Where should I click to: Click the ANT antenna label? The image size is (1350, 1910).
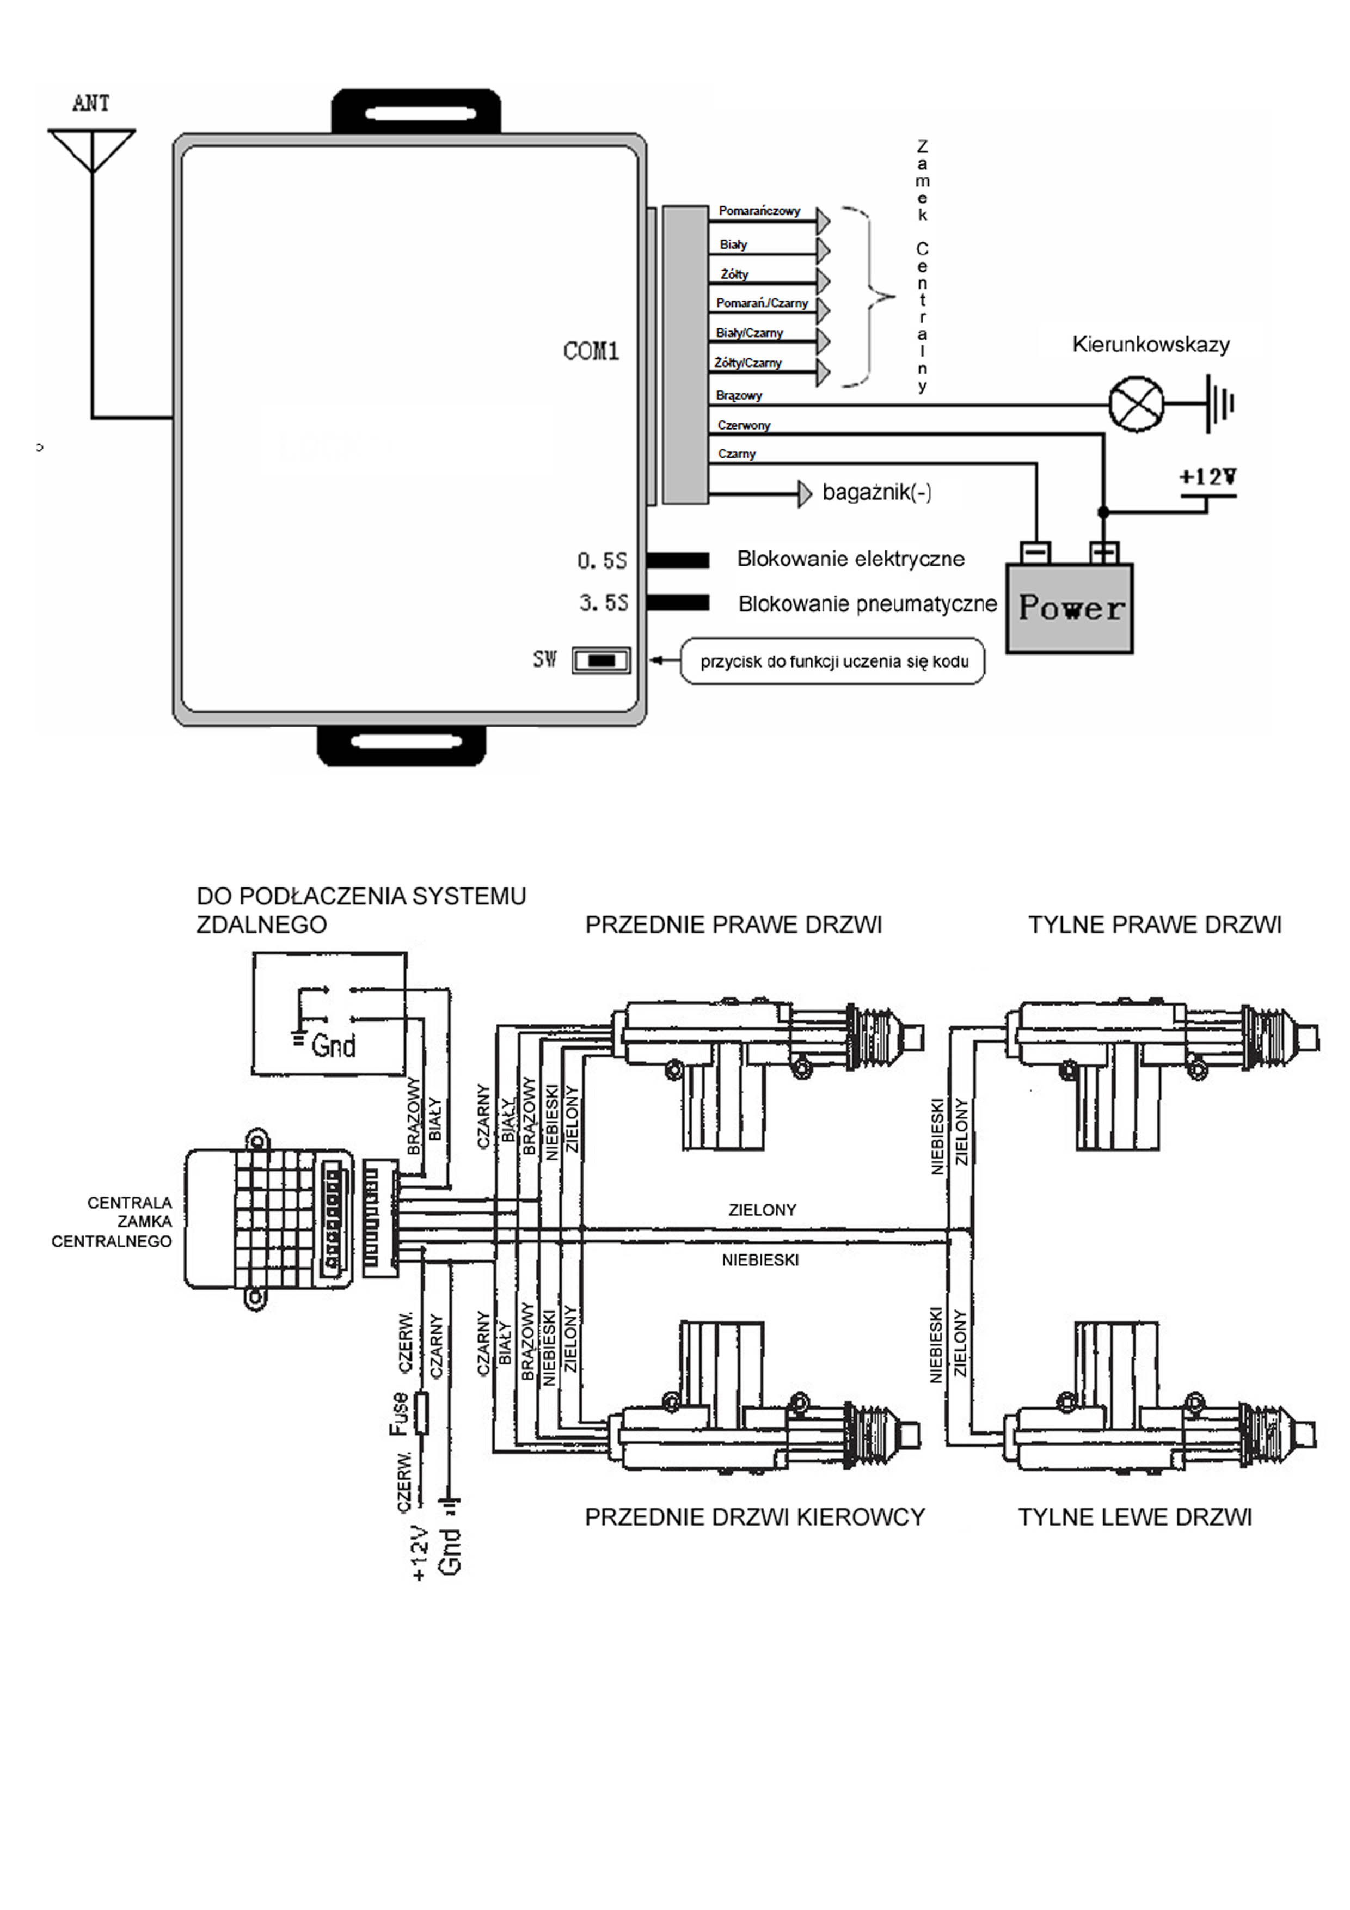coord(91,103)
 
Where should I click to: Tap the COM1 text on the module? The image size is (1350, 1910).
coord(591,351)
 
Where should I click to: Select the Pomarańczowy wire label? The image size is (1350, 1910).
coord(759,211)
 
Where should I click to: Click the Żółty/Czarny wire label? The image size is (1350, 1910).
coord(748,363)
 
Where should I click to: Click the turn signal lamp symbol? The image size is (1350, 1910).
coord(1136,405)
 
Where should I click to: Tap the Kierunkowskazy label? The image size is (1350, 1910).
coord(1150,345)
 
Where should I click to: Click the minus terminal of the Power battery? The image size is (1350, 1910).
coord(1035,553)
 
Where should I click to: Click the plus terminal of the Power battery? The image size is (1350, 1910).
coord(1104,553)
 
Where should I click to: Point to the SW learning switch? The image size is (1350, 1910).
coord(600,660)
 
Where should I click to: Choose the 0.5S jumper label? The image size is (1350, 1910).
coord(602,561)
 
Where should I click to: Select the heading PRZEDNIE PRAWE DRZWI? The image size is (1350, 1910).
coord(733,925)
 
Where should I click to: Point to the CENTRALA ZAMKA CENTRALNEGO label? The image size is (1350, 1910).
coord(112,1222)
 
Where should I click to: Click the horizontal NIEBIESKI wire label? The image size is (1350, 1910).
coord(759,1260)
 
